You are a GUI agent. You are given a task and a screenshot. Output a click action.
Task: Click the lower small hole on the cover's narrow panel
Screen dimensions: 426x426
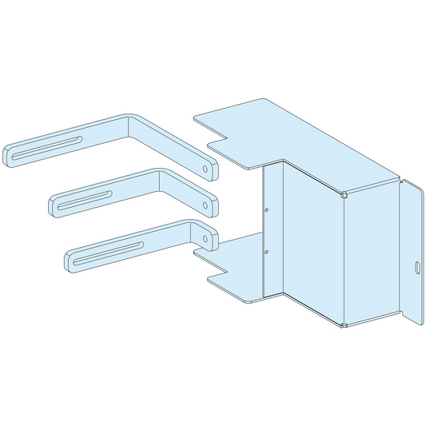point(265,252)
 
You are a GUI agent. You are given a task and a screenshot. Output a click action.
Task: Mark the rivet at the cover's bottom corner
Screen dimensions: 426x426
point(344,324)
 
